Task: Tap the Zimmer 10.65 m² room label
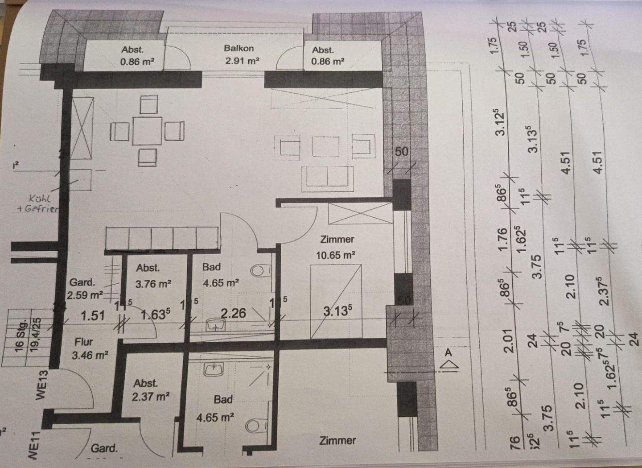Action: [x=337, y=247]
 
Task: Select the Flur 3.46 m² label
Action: [x=87, y=348]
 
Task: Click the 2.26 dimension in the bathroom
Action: [x=233, y=313]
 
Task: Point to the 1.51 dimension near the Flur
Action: [x=92, y=316]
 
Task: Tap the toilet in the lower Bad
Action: [x=254, y=425]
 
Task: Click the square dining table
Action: [x=148, y=131]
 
